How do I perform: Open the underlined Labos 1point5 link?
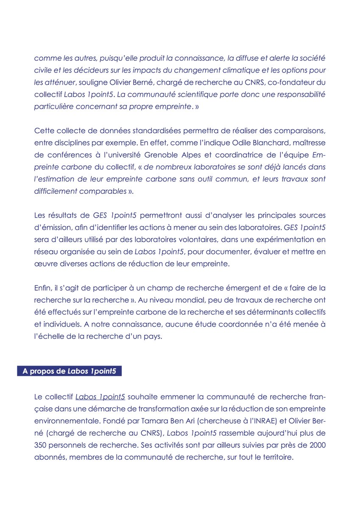click(x=100, y=398)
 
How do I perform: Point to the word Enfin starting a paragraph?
click(x=42, y=288)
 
